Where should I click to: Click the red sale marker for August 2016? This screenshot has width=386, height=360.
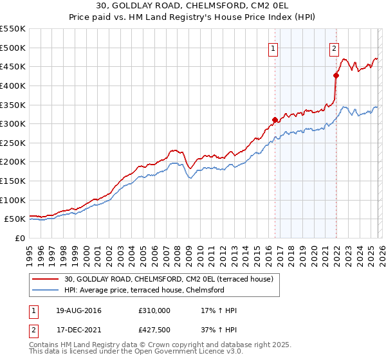coord(275,120)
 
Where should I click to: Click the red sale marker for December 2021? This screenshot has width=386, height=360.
coord(336,75)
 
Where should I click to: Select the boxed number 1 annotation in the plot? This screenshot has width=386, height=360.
coord(273,48)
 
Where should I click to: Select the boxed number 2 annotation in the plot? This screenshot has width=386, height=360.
coord(335,48)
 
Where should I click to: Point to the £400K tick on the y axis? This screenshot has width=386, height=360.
coord(13,85)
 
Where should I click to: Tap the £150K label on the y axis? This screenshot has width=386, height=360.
coord(13,181)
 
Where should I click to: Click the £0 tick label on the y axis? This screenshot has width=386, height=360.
coord(21,239)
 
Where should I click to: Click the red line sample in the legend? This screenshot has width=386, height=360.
coord(46,279)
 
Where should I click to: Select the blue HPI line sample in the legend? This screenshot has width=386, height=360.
coord(46,290)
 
